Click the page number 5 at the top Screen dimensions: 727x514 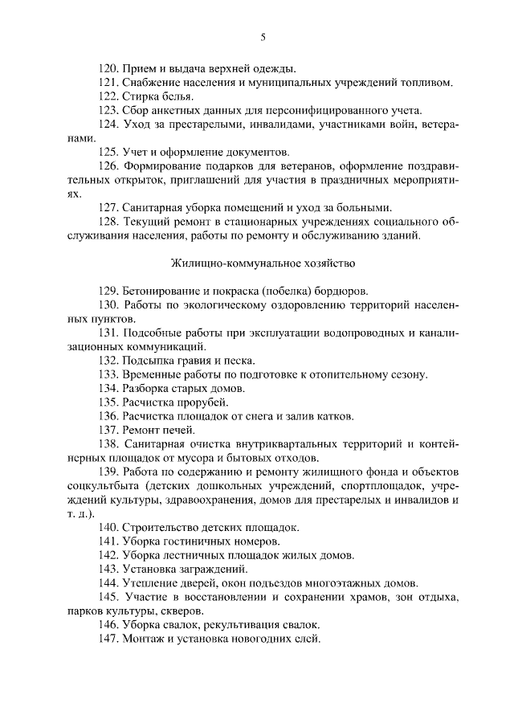[x=263, y=37]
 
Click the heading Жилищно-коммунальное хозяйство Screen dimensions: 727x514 [x=263, y=263]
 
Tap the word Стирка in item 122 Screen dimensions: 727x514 [x=142, y=96]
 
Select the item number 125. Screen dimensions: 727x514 [x=108, y=151]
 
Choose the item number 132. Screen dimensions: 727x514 [x=108, y=361]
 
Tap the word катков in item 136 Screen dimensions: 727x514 [x=334, y=416]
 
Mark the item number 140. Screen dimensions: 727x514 [x=108, y=527]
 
